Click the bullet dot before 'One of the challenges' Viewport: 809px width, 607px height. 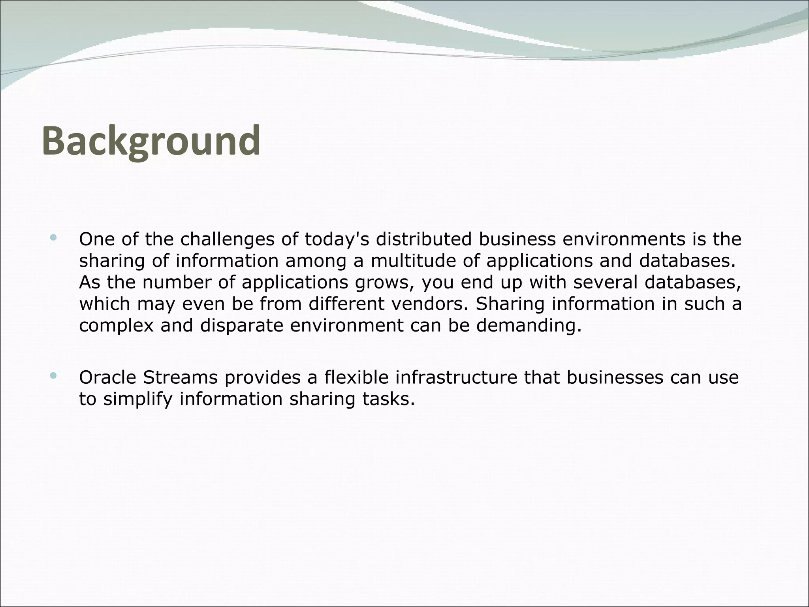tap(53, 238)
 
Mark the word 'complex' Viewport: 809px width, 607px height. tap(116, 326)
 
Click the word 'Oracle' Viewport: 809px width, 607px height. tap(107, 377)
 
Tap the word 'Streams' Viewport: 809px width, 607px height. tap(180, 377)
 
